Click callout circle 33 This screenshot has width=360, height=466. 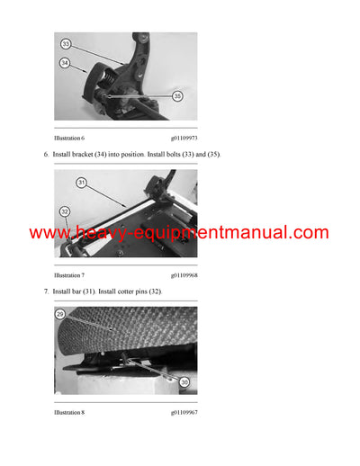66,43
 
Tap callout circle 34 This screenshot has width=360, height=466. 65,63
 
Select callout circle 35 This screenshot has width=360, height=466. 176,96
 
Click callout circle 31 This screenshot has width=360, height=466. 81,183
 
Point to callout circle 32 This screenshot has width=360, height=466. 64,211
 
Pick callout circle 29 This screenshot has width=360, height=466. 60,315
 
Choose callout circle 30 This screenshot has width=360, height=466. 184,381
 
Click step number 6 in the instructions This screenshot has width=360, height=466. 46,155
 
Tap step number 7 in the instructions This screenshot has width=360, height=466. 46,292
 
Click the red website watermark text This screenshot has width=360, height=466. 179,233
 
